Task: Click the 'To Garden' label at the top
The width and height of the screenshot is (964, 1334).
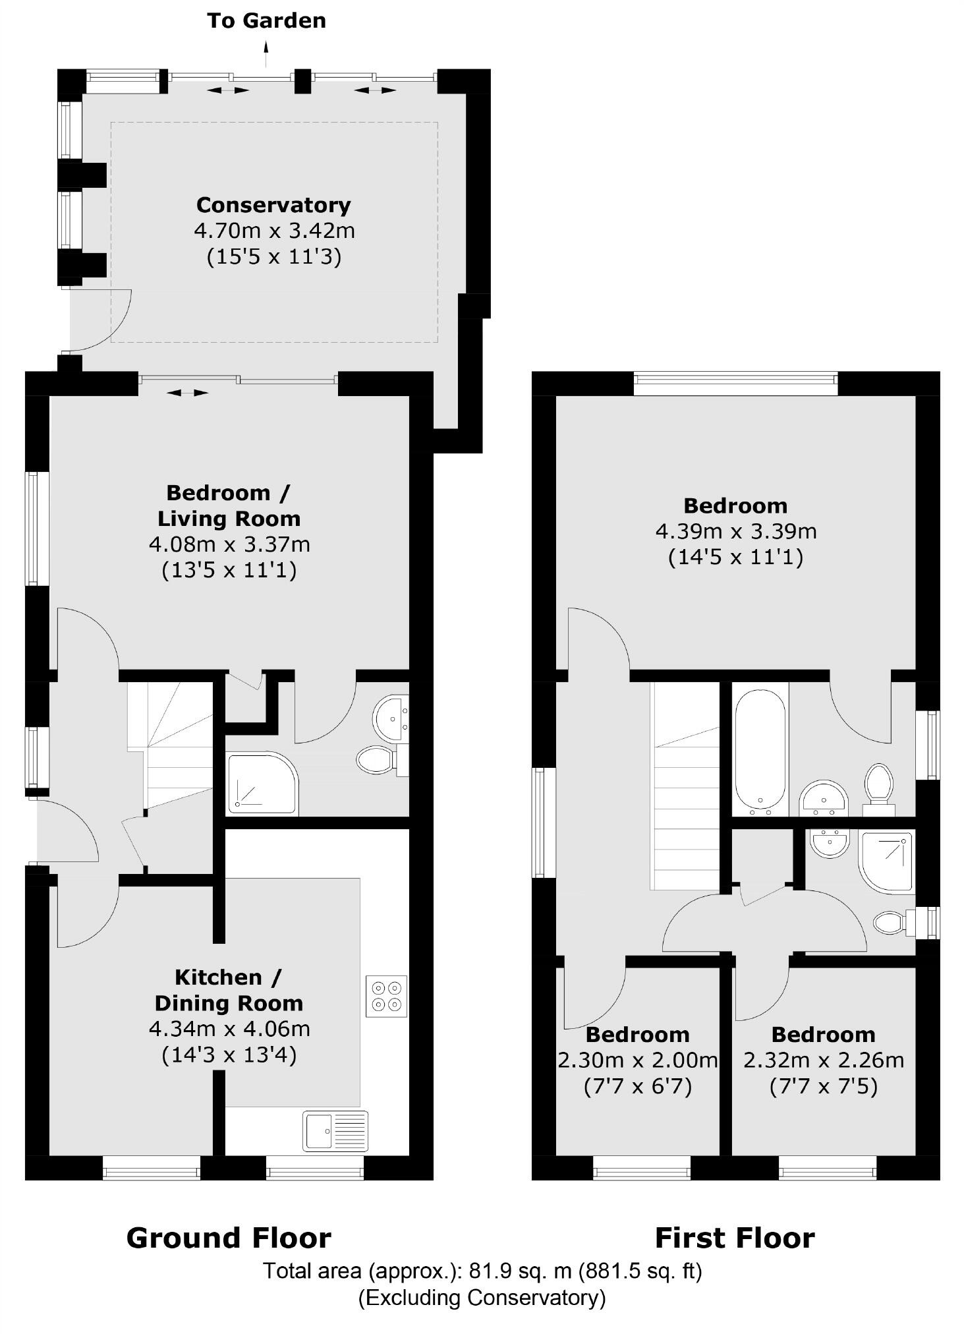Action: tap(266, 21)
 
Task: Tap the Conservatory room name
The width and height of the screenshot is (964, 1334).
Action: tap(273, 205)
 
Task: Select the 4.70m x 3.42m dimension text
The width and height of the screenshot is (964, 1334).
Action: tap(274, 231)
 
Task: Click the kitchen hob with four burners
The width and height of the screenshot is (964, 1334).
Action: tap(386, 996)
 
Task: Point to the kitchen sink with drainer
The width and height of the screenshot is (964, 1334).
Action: tap(335, 1130)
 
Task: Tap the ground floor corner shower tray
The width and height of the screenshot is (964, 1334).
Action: tap(261, 782)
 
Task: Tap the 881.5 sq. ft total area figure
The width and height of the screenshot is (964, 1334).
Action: tap(640, 1270)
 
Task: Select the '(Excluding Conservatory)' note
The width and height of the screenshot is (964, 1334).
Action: tap(482, 1297)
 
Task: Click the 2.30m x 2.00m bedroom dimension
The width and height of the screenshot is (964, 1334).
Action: tap(637, 1060)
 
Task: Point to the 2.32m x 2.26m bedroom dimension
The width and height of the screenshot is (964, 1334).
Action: tap(824, 1060)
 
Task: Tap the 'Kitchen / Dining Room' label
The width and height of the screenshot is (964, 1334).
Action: tap(229, 990)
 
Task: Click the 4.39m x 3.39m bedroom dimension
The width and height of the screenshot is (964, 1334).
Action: tap(736, 531)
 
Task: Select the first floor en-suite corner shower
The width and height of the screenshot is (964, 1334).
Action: tap(887, 862)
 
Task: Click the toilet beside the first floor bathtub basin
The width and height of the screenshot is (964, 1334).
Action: tap(879, 784)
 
